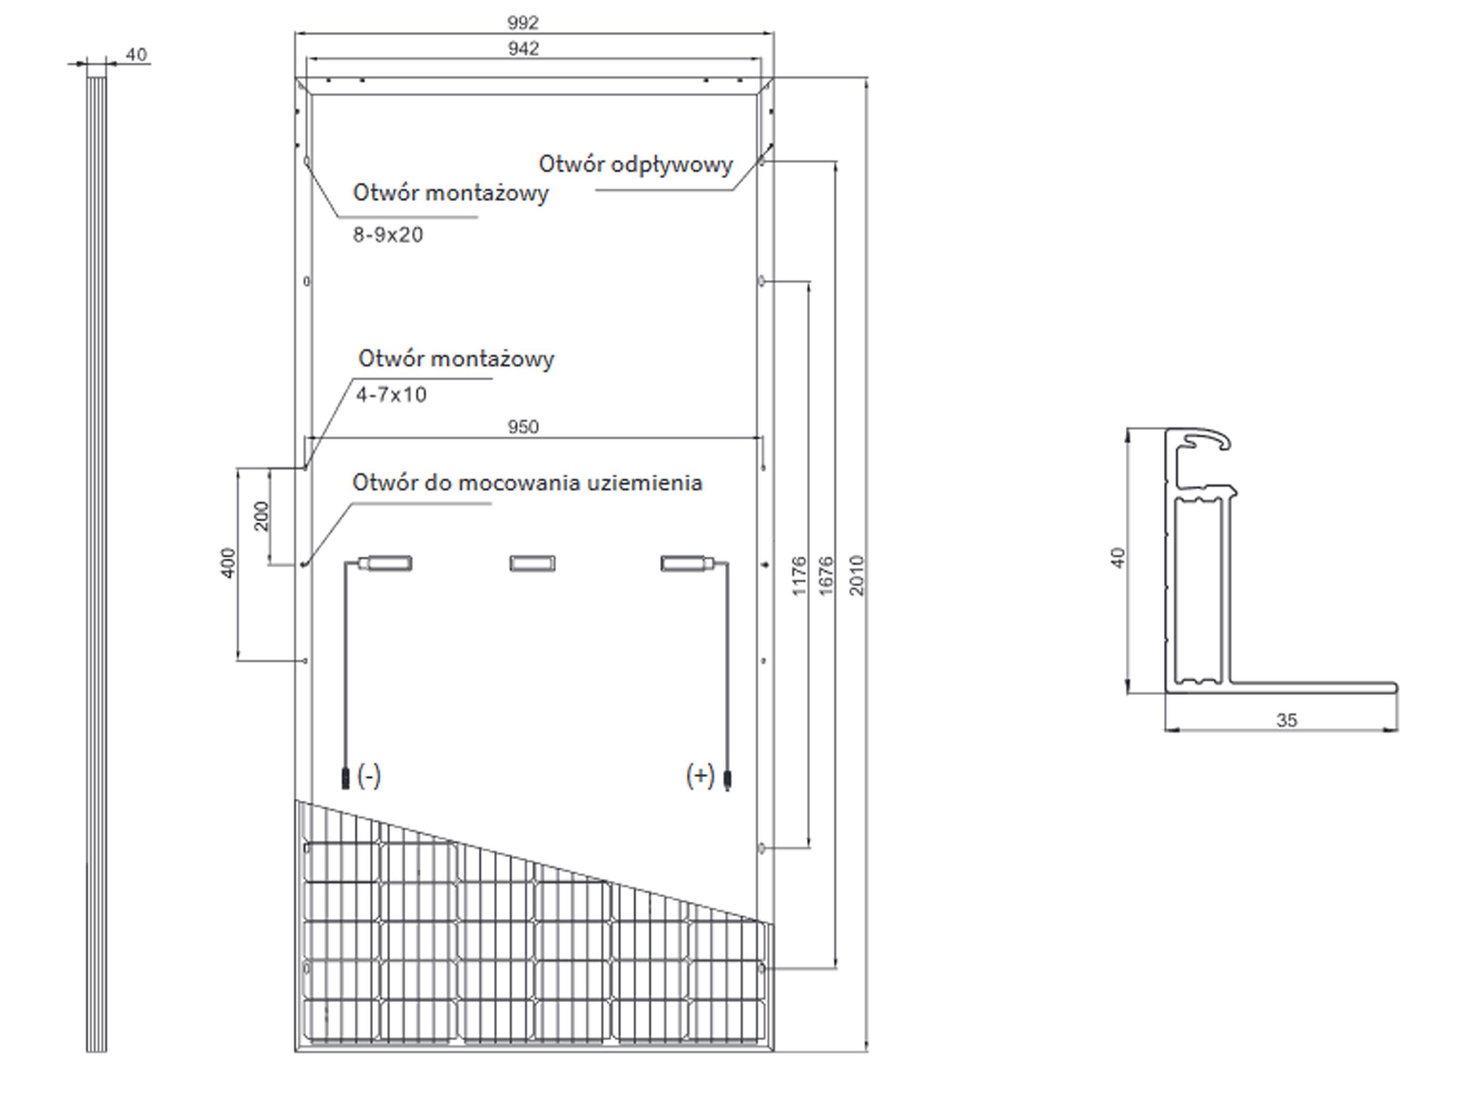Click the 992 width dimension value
coord(523,23)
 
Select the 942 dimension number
coord(523,49)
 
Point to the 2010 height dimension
coord(857,575)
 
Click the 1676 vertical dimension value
coord(827,575)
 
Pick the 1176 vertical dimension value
coord(800,575)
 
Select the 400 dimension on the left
coord(228,563)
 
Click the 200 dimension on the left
coord(262,516)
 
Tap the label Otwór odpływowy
coord(635,164)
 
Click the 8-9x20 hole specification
coord(387,235)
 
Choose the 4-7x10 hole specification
coord(391,395)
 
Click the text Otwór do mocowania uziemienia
coord(527,483)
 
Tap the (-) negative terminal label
coord(369,775)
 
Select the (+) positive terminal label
coord(700,775)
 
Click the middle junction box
coord(532,564)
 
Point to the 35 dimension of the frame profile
coord(1287,720)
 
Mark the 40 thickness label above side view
coord(136,54)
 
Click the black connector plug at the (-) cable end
coord(344,778)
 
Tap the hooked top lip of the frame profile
coord(1208,437)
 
